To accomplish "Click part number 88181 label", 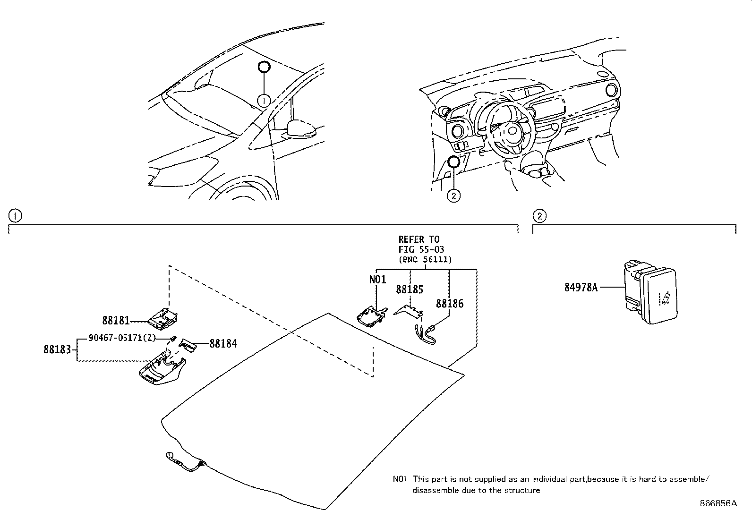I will pos(116,321).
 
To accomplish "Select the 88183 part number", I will pos(57,349).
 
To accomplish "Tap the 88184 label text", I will pos(223,344).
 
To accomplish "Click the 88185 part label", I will pos(410,289).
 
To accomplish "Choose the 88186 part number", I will pos(450,304).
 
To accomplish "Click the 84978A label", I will pos(581,287).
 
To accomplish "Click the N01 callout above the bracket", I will pos(377,279).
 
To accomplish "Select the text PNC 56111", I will pos(425,259).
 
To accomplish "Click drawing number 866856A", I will pos(718,503).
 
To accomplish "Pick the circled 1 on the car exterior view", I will pos(264,100).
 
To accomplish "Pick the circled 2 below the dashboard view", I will pos(453,195).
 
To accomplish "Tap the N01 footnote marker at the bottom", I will pos(400,479).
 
